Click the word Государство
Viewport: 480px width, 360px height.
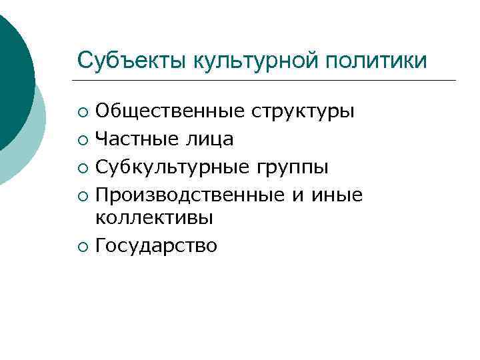(x=156, y=246)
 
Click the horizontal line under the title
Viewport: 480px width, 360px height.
(x=267, y=81)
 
